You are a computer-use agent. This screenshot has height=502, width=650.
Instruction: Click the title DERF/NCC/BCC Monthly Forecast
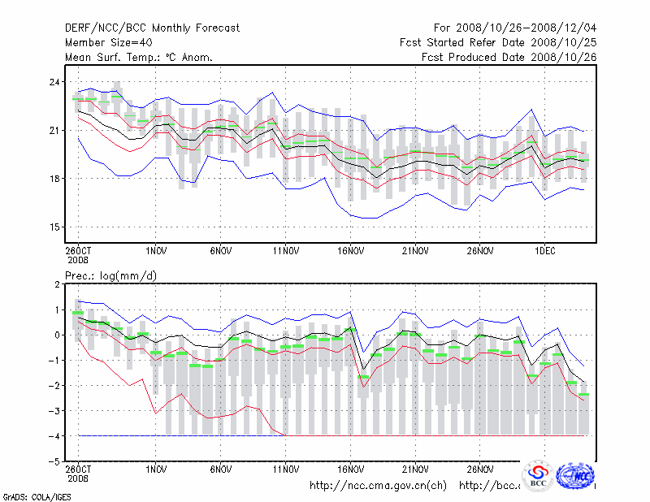point(152,28)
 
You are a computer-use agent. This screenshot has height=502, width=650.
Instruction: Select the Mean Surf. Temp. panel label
point(139,57)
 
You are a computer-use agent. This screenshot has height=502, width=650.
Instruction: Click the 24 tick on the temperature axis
point(54,82)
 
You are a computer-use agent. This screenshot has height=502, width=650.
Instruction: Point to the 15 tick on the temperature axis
point(54,227)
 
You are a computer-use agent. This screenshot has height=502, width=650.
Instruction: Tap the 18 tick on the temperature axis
point(54,179)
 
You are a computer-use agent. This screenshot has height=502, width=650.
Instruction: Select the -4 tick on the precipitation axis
point(54,436)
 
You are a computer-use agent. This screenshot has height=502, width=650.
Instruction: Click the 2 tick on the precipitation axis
point(56,284)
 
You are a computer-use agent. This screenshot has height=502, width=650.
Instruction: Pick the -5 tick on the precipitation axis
point(54,461)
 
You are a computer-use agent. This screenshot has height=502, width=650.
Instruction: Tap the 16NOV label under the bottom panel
point(350,469)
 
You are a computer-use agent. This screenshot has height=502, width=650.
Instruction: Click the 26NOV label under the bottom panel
point(480,469)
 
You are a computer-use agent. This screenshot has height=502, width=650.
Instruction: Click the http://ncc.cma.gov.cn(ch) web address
point(378,486)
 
